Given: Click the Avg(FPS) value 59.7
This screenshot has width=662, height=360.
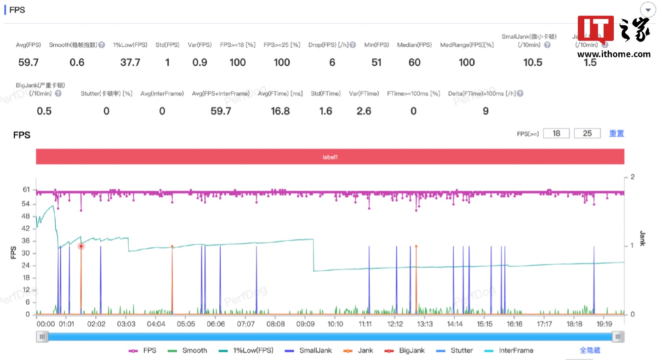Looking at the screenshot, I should pyautogui.click(x=29, y=63).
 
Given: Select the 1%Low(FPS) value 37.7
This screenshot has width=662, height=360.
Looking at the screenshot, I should pyautogui.click(x=130, y=63).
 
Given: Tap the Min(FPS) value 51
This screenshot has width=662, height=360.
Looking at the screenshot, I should pyautogui.click(x=377, y=63).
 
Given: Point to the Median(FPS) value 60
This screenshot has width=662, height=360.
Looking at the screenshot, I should pyautogui.click(x=415, y=63).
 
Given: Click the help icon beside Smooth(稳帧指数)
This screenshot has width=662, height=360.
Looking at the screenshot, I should pyautogui.click(x=102, y=45).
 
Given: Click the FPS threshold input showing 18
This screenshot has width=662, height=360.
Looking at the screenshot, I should pyautogui.click(x=556, y=133).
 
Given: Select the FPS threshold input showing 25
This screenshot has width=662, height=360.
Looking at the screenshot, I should pyautogui.click(x=588, y=133).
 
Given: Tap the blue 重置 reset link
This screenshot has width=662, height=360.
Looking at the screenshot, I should pyautogui.click(x=616, y=133).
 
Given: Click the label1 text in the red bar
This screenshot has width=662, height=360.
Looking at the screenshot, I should pyautogui.click(x=330, y=157).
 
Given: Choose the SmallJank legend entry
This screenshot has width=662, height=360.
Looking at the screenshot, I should pyautogui.click(x=308, y=350).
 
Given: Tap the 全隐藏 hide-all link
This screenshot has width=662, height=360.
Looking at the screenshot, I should pyautogui.click(x=590, y=350).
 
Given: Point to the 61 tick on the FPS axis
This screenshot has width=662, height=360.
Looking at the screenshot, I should pyautogui.click(x=26, y=189).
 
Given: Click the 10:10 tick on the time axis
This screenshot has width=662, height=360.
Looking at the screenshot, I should pyautogui.click(x=335, y=324).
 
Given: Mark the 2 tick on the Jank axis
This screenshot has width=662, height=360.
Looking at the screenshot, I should pyautogui.click(x=633, y=177).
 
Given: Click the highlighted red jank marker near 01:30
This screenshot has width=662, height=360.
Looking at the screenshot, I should pyautogui.click(x=81, y=246).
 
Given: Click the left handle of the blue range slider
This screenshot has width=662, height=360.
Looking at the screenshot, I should pyautogui.click(x=42, y=337).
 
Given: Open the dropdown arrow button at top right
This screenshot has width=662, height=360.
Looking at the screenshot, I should pyautogui.click(x=648, y=10).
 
